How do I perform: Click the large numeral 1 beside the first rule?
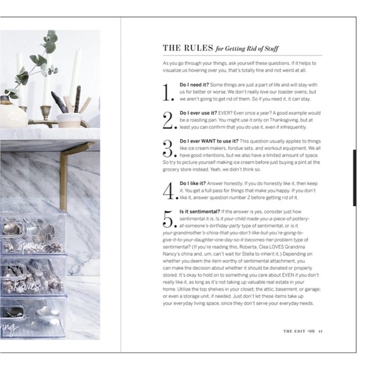coord(168,93)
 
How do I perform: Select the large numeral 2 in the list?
coord(168,120)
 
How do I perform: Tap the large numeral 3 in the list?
coord(168,148)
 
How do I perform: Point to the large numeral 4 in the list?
coord(168,189)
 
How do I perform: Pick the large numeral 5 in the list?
coord(168,219)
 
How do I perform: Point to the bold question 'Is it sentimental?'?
coord(201,211)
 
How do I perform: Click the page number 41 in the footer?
coord(321,331)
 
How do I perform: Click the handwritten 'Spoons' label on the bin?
coord(32,246)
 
